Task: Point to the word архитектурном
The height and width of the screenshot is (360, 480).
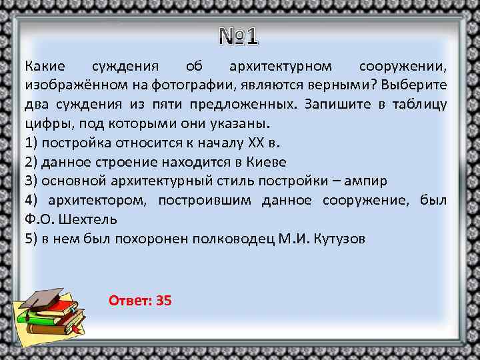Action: [280, 67]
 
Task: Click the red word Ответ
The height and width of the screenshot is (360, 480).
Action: [128, 301]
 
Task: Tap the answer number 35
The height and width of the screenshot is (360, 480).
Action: [163, 301]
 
